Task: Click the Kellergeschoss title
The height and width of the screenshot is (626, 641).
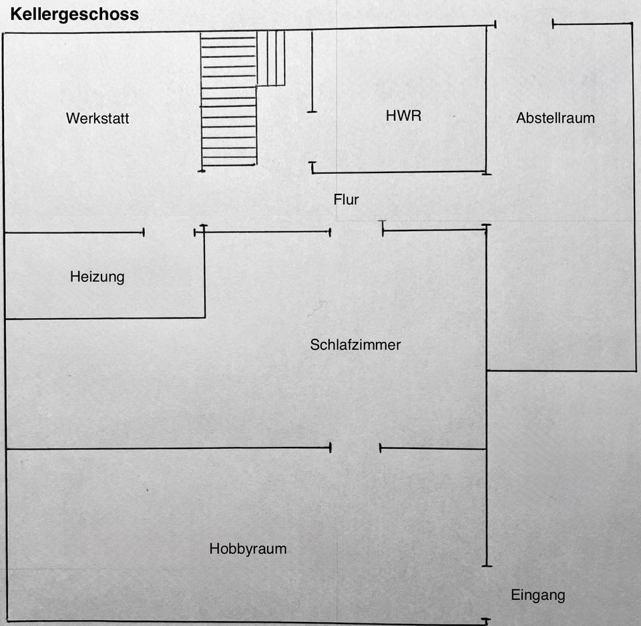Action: (74, 14)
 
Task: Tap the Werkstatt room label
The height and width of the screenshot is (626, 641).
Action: (97, 119)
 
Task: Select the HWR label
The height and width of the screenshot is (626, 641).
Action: (403, 116)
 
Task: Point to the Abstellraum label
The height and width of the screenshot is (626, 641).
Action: (555, 118)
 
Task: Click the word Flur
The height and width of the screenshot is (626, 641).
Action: (346, 199)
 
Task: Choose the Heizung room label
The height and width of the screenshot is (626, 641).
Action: (97, 277)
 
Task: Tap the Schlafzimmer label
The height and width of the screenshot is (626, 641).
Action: (355, 345)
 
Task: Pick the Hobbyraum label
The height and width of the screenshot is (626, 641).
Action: (248, 549)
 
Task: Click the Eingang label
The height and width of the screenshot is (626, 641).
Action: (538, 595)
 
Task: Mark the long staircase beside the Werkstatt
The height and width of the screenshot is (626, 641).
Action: (228, 100)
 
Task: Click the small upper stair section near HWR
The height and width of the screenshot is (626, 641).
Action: (271, 59)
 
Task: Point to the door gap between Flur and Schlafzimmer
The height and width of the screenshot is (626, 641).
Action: (356, 231)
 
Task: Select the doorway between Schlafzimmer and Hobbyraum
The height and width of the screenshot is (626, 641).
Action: (355, 448)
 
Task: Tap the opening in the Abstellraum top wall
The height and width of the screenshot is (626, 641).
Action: (524, 25)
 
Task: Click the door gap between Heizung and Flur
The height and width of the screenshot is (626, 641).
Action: (169, 232)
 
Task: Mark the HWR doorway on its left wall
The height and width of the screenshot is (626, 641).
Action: (312, 137)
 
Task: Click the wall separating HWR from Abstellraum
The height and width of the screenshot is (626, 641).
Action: (486, 100)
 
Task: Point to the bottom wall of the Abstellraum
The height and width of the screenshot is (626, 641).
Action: (561, 370)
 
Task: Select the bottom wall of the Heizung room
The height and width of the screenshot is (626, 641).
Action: (105, 318)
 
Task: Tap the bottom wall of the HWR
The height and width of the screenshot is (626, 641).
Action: (399, 172)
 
